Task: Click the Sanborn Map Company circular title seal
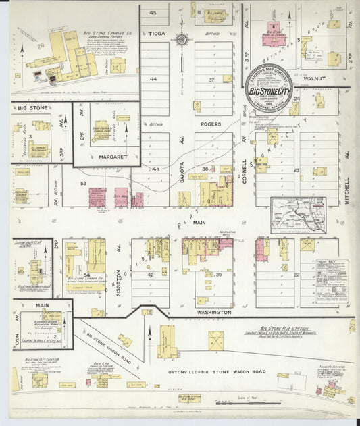pos(269,88)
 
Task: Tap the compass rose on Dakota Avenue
pos(182,40)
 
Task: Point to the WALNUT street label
pos(313,78)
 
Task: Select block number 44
pos(153,80)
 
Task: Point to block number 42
pos(151,275)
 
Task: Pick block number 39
pos(218,275)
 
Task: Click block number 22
pos(297,275)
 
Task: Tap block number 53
pos(83,183)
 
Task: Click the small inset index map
pos(298,215)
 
